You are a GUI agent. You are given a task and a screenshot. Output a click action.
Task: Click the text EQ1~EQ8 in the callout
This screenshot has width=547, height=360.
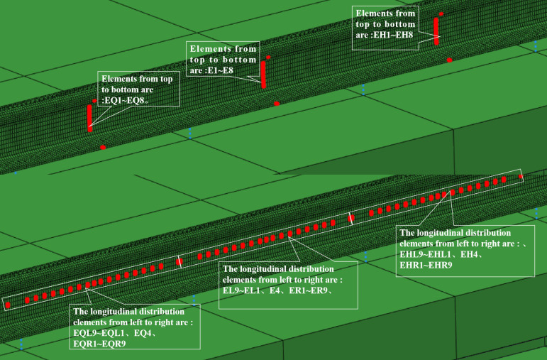128,101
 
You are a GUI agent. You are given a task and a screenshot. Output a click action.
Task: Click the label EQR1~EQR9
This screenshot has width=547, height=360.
99,344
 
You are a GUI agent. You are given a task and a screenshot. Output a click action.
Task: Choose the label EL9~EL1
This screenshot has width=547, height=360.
241,290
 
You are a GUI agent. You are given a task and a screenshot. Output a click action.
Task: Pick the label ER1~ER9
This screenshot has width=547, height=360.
308,290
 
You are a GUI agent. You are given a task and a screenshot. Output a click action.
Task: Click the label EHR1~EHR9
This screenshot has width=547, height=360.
426,265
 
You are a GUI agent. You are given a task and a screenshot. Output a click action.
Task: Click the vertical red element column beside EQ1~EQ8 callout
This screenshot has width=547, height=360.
89,118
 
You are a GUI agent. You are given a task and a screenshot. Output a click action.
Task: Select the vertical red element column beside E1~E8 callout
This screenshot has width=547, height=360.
263,75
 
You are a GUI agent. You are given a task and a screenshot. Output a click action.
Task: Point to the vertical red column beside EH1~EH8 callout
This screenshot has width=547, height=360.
436,31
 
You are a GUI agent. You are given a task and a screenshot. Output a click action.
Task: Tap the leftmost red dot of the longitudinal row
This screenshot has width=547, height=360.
8,305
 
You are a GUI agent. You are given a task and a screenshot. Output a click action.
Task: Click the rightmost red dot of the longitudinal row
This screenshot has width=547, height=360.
521,177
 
